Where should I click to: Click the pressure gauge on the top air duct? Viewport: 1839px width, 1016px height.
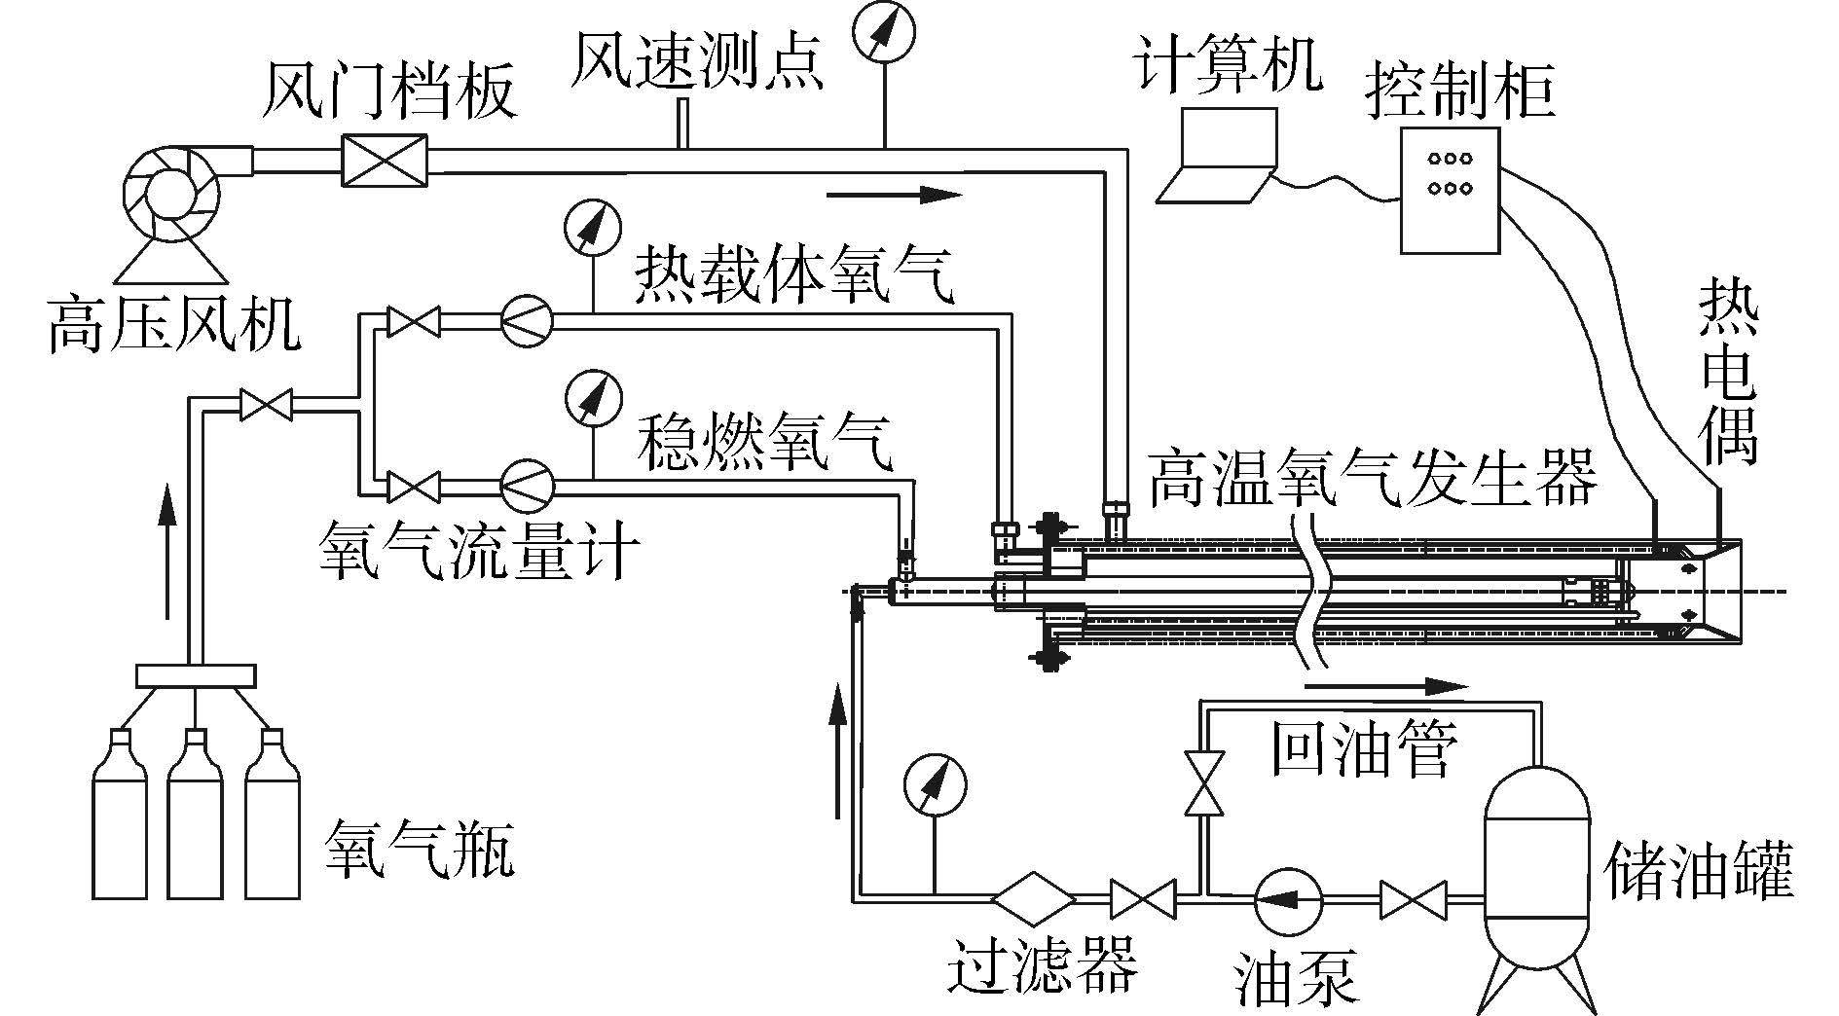885,32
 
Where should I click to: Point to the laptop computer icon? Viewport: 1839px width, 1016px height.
1216,155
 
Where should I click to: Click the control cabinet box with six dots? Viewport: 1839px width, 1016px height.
1449,190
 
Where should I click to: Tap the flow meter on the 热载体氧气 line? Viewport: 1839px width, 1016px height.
527,320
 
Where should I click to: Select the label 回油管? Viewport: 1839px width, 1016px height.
1364,747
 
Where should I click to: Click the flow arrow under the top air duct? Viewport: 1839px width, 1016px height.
894,195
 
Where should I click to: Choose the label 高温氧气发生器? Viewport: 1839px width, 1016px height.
1373,479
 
